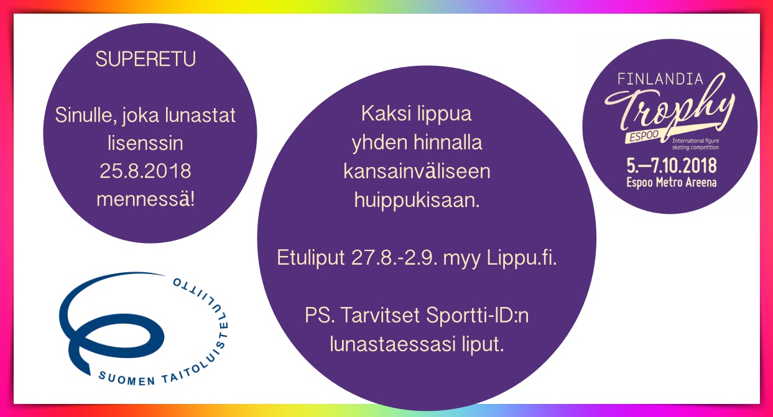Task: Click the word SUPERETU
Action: pyautogui.click(x=146, y=59)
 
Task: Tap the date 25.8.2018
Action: pyautogui.click(x=146, y=171)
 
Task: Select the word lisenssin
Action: pyautogui.click(x=146, y=143)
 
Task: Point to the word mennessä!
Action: pyautogui.click(x=146, y=199)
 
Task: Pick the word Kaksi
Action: pyautogui.click(x=382, y=114)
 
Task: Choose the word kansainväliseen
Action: pyautogui.click(x=417, y=171)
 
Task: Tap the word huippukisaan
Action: pyautogui.click(x=417, y=201)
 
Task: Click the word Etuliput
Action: pyautogui.click(x=310, y=258)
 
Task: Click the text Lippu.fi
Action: pyautogui.click(x=521, y=258)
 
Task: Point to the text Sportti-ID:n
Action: pyautogui.click(x=477, y=315)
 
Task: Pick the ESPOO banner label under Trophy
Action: pyautogui.click(x=643, y=136)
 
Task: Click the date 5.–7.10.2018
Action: pyautogui.click(x=672, y=166)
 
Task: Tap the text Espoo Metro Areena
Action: pyautogui.click(x=672, y=182)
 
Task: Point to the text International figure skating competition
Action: pyautogui.click(x=695, y=144)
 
